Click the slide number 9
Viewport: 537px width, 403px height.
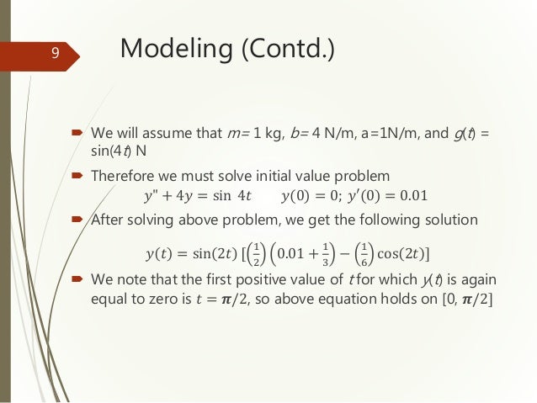pos(55,54)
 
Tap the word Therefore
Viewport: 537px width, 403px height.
pos(124,177)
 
